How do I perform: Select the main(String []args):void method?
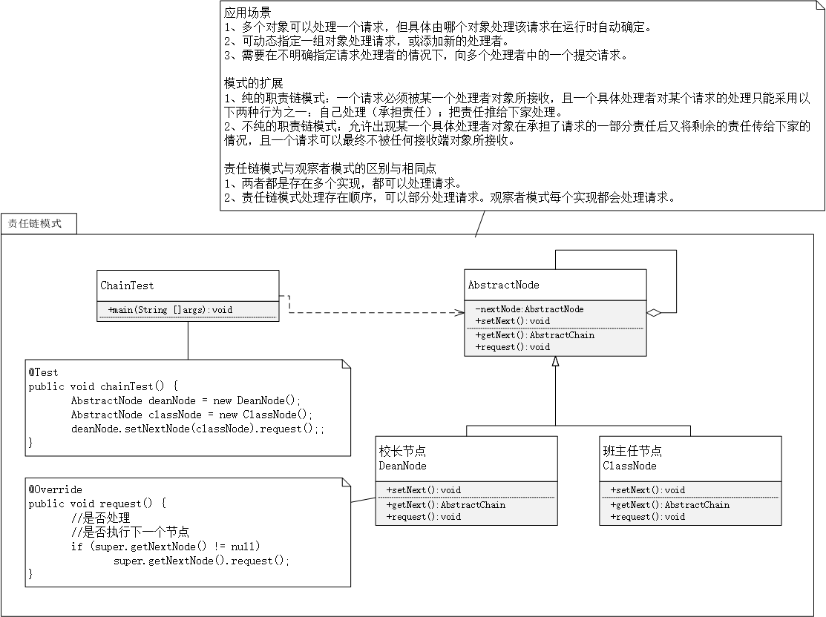click(x=171, y=309)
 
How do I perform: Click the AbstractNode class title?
click(x=503, y=285)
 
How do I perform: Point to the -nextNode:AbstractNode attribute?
click(x=529, y=309)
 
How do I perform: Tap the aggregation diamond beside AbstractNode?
click(x=654, y=314)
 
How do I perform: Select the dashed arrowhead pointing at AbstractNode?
click(x=459, y=313)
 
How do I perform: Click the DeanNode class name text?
click(x=402, y=466)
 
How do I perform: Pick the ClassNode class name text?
click(x=629, y=466)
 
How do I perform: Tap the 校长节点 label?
click(x=402, y=451)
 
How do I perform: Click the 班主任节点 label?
click(x=632, y=451)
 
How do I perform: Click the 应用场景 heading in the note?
click(x=247, y=13)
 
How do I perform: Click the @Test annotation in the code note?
click(x=43, y=372)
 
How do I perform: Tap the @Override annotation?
click(x=55, y=489)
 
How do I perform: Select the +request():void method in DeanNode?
click(x=423, y=517)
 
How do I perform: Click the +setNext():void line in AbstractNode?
click(x=512, y=321)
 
